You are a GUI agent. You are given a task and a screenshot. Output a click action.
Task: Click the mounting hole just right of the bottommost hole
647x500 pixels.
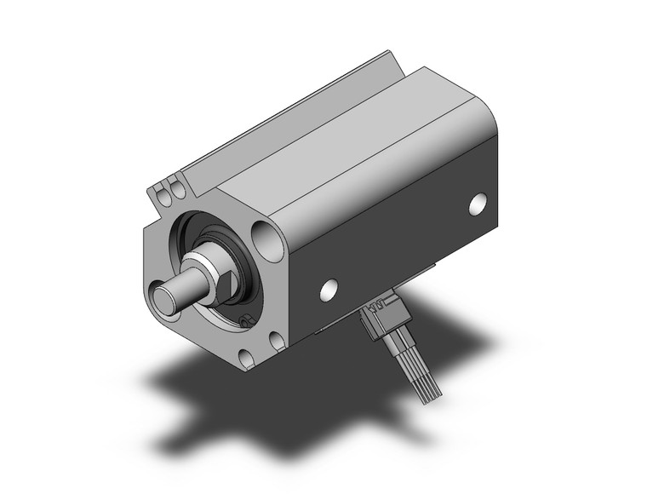[277, 341]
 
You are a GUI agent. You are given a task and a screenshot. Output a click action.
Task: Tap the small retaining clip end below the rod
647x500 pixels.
[245, 321]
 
